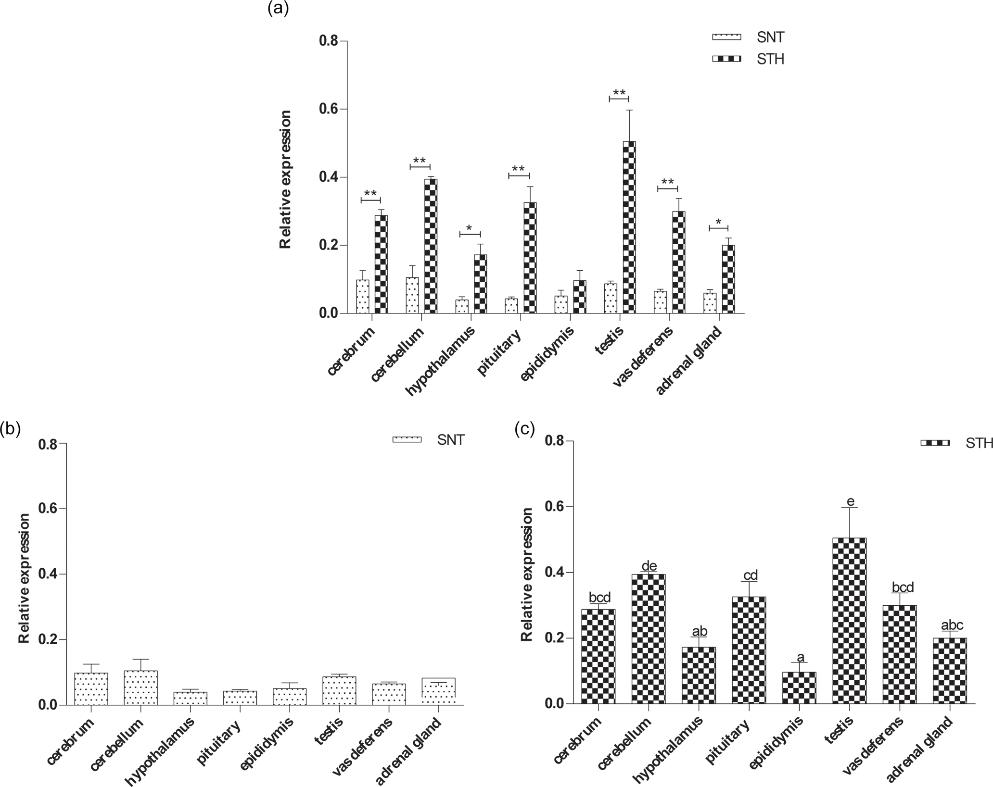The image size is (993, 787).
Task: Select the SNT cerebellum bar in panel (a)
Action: pos(412,295)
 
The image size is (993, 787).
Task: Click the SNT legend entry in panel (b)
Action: pos(429,439)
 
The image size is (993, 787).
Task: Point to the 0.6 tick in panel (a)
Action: pos(329,110)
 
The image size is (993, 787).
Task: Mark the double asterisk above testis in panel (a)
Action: pos(619,93)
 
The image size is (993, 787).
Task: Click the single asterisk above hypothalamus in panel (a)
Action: pos(470,228)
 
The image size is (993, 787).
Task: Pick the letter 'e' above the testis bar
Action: pos(850,501)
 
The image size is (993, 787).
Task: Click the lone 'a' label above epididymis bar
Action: pos(800,657)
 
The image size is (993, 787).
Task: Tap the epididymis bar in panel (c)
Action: pos(799,687)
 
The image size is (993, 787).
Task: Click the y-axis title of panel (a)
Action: pos(286,179)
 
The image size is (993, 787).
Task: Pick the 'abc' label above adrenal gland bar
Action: pos(952,625)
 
